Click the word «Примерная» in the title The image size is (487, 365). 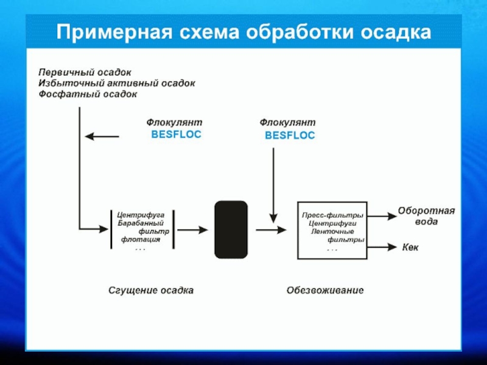[x=114, y=33]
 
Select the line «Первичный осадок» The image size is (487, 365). [x=85, y=72]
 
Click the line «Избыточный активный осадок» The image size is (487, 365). [x=117, y=83]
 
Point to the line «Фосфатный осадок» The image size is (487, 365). [x=88, y=94]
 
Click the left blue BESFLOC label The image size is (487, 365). [x=176, y=134]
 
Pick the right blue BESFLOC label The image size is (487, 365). [x=290, y=135]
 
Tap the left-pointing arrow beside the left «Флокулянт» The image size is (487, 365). [x=102, y=136]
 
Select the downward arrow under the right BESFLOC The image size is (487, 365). [x=273, y=186]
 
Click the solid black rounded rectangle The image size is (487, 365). [x=231, y=229]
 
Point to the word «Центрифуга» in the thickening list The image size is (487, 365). [x=141, y=215]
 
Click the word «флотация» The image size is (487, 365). [x=141, y=239]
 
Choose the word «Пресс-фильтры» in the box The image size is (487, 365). [x=332, y=215]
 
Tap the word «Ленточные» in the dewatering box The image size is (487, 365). [x=332, y=232]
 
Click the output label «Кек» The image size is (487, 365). [x=410, y=248]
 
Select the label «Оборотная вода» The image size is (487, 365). [x=427, y=216]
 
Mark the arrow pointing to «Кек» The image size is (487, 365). [x=382, y=247]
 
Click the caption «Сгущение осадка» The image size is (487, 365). [x=151, y=291]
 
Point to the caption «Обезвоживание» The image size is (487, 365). [x=325, y=291]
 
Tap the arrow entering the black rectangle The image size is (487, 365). [x=192, y=230]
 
